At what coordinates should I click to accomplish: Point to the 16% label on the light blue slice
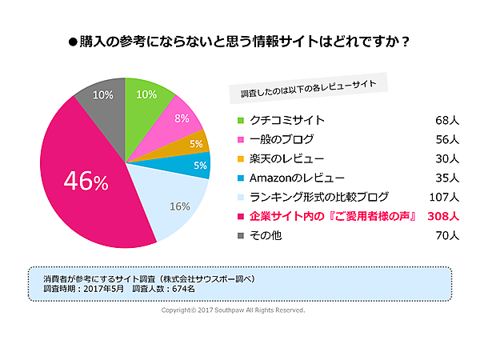coord(179,206)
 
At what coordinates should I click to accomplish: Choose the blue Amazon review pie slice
coord(198,165)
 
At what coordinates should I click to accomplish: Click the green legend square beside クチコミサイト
coord(239,121)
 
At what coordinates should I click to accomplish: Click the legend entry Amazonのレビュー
coord(297,178)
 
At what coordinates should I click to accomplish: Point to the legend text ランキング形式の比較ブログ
coord(319,197)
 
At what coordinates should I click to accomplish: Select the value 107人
coord(442,197)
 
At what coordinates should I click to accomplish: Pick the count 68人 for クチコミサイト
coord(446,121)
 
